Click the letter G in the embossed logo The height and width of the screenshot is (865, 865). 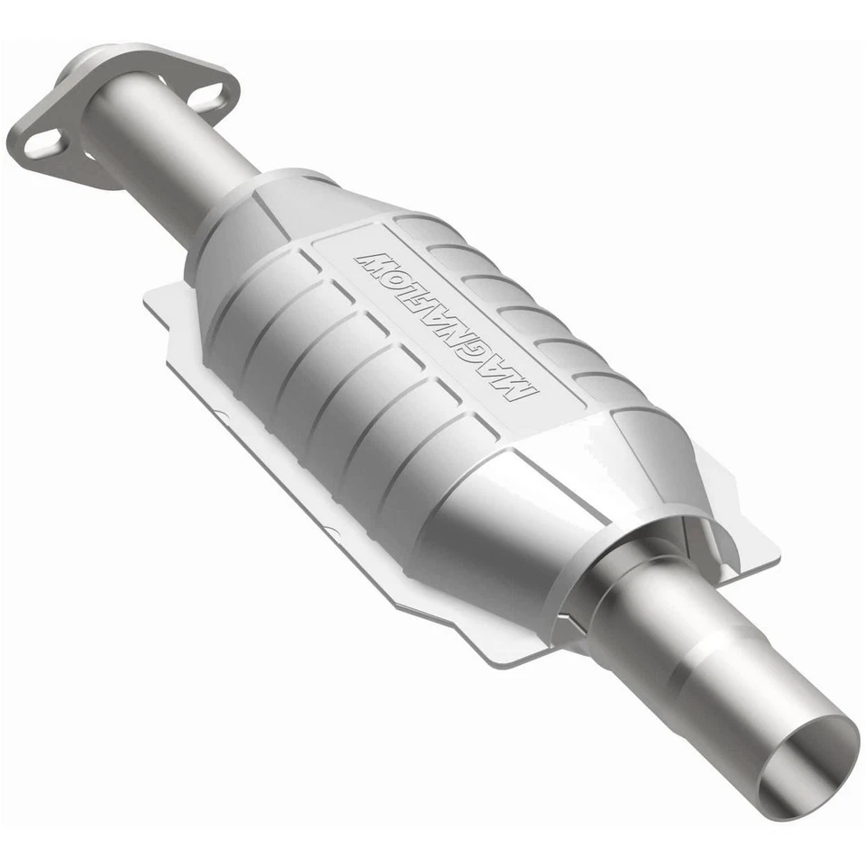coord(484,355)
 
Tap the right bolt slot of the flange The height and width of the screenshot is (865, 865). coord(209,96)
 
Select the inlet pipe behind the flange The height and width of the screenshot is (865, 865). coord(162,158)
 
